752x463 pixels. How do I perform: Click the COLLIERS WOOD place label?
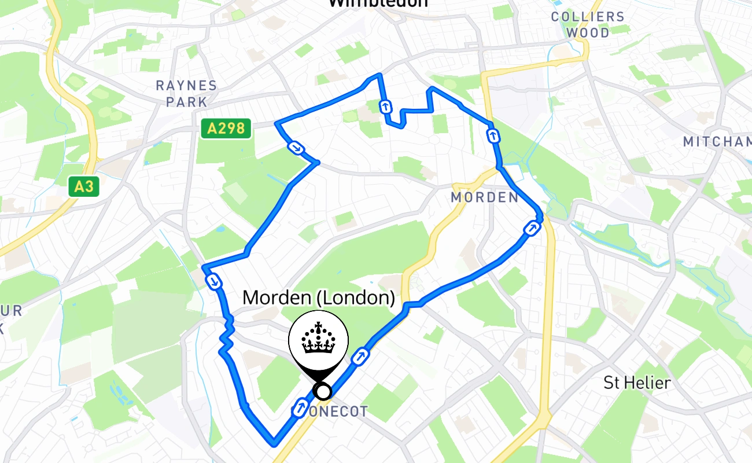coord(588,24)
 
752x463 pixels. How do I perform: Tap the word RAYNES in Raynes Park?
coord(186,86)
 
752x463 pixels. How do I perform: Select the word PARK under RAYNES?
coord(186,102)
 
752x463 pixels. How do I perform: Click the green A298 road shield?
coord(226,128)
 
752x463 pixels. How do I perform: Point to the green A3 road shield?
coord(83,186)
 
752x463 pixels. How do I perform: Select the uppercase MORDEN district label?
coord(485,197)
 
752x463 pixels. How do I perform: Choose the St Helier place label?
coord(637,383)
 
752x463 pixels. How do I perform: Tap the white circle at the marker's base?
coord(323,392)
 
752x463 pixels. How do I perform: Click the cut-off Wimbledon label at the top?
coord(378,3)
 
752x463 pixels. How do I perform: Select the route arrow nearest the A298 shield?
coord(296,148)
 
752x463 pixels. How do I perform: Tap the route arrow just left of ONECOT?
coord(300,408)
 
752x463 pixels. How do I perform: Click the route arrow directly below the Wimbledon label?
coord(385,106)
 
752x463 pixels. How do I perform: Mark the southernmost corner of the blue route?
coord(274,444)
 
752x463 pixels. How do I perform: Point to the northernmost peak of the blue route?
coord(379,75)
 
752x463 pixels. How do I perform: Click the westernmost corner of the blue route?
coord(204,267)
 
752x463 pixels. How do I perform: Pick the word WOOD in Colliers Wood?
coord(588,33)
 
